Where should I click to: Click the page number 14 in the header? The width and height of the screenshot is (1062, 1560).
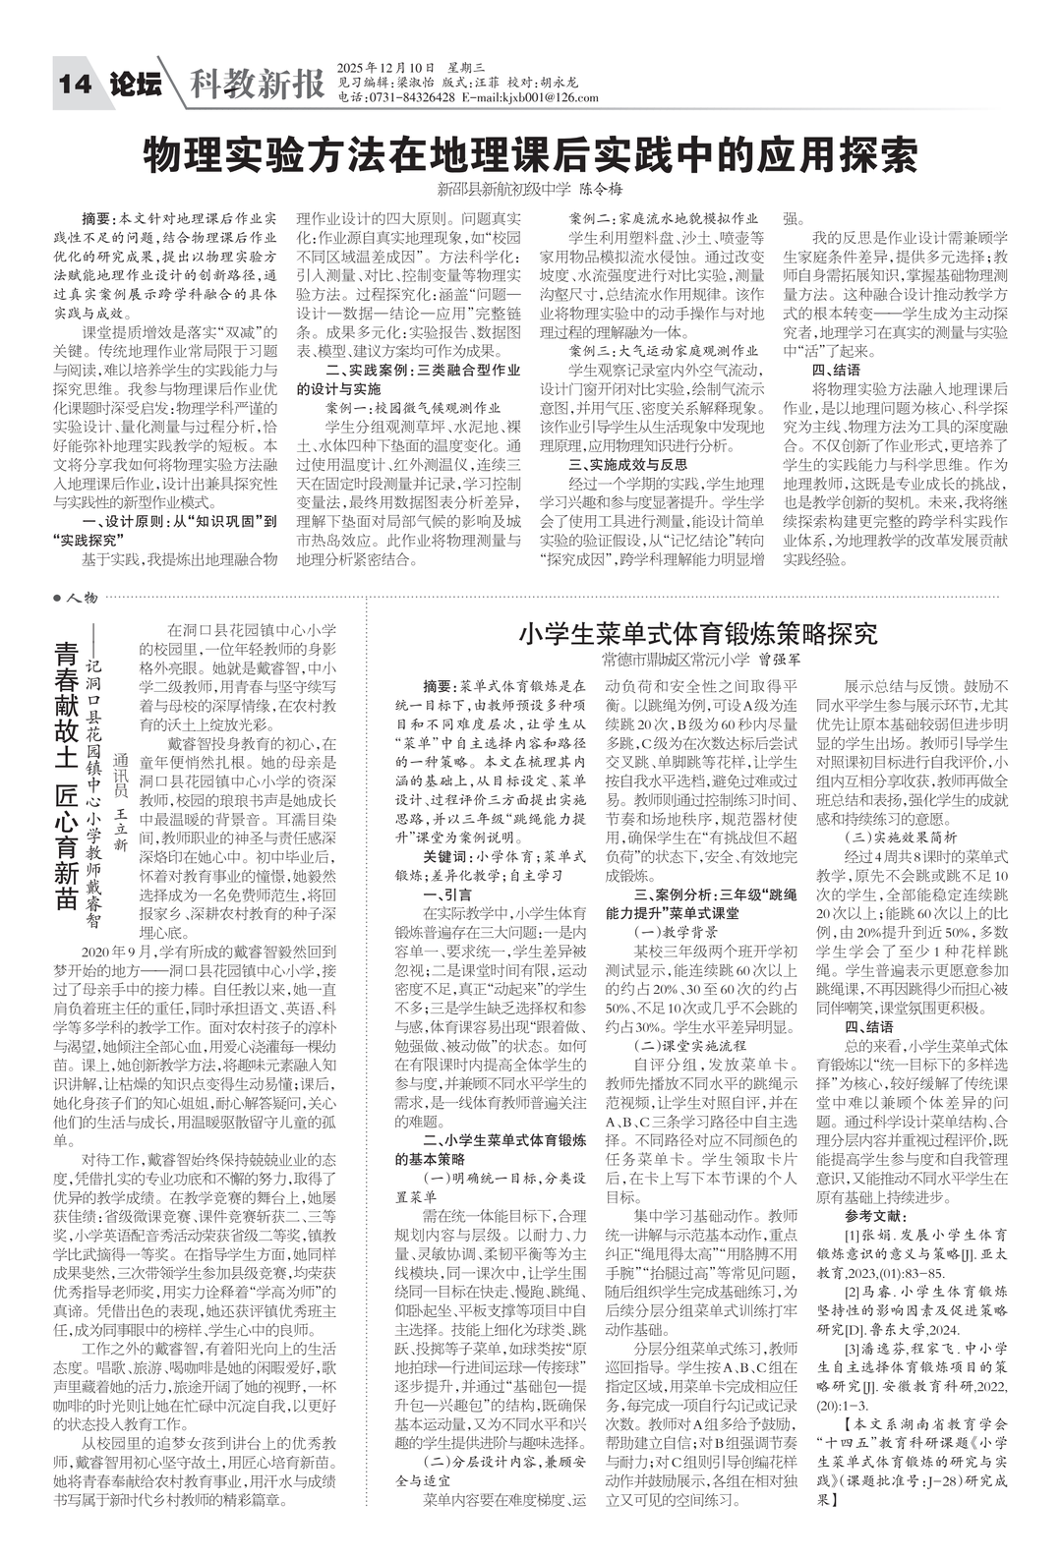pos(76,86)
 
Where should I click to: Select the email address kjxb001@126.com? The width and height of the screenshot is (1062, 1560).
pos(549,97)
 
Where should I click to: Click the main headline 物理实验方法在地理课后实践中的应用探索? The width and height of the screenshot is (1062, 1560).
pos(531,154)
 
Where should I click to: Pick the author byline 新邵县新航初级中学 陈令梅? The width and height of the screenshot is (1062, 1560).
pos(531,189)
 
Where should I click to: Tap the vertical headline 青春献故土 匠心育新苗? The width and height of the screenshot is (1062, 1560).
pos(66,777)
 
